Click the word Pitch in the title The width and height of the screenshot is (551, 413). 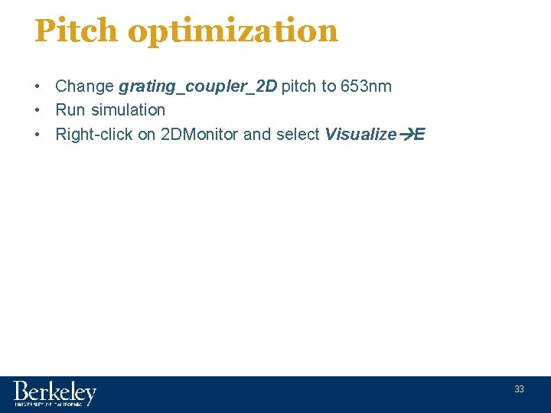(x=76, y=31)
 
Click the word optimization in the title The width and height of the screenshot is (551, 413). (x=233, y=31)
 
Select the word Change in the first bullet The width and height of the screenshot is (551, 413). (x=84, y=86)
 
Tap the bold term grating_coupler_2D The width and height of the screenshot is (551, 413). (x=197, y=86)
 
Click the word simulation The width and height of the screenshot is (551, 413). (x=128, y=110)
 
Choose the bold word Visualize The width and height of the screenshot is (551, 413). (x=360, y=135)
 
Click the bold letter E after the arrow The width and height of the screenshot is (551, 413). (x=420, y=135)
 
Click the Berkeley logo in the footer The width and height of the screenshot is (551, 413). (x=54, y=393)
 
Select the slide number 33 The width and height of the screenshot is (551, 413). (x=519, y=389)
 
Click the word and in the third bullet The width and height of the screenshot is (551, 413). (x=257, y=135)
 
